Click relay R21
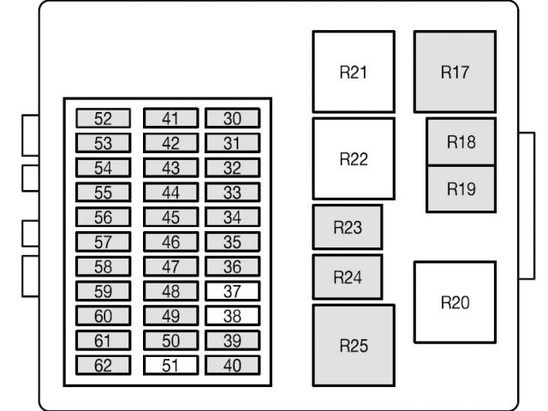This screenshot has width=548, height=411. point(353,72)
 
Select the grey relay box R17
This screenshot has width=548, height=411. point(455,72)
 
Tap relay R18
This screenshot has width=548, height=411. point(461,142)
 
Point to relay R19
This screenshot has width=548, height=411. point(461,189)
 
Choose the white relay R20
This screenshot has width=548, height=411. point(455,301)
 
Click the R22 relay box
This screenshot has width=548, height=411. point(353,158)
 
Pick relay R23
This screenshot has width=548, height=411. point(347,227)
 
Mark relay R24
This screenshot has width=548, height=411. point(347,277)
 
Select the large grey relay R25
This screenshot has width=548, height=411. point(353,345)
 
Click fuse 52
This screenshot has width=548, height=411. point(103,118)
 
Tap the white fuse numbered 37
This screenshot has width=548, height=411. point(232,291)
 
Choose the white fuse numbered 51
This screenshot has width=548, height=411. point(170,366)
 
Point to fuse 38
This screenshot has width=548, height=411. point(232,316)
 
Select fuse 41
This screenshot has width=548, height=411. point(170,118)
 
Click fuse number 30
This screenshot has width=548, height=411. point(232,118)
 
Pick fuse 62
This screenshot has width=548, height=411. point(103,366)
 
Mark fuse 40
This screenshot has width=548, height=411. point(232,366)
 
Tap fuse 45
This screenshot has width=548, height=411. point(170,217)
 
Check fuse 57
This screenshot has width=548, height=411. point(103,241)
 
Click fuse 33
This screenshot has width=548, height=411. point(232,192)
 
